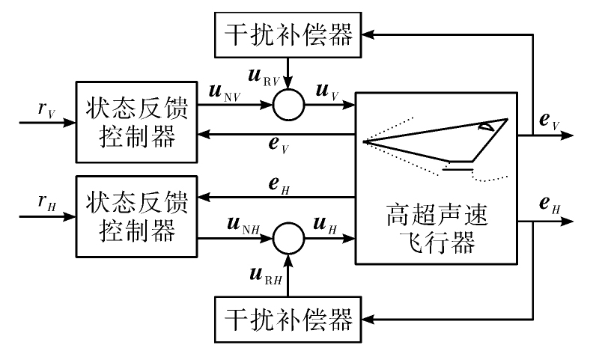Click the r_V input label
[47, 110]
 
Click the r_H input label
[47, 202]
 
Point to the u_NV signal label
[225, 93]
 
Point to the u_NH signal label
[243, 225]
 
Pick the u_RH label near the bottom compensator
[266, 276]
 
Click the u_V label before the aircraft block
[327, 93]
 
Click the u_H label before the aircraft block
[325, 225]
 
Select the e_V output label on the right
[550, 121]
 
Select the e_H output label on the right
[550, 204]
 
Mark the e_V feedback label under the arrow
[279, 145]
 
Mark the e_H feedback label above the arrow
[279, 186]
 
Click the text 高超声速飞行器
[437, 229]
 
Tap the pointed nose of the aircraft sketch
[364, 142]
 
